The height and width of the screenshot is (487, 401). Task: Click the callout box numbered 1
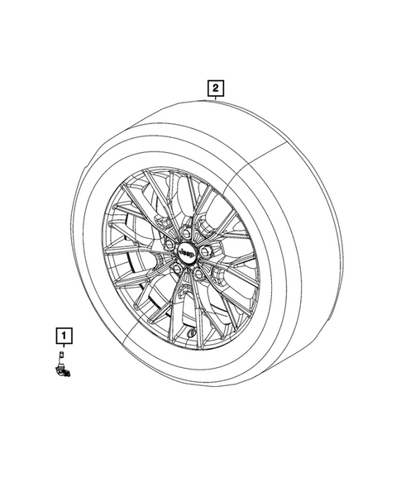pos(64,336)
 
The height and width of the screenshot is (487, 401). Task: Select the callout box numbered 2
pos(215,88)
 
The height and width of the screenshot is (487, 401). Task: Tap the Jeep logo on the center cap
pos(186,253)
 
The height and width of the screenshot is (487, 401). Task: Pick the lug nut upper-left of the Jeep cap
pos(169,242)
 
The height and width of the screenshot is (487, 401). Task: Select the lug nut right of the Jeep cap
pos(204,251)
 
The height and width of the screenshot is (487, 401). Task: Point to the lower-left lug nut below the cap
pos(177,267)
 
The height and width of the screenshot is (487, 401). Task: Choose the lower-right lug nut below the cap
pos(198,273)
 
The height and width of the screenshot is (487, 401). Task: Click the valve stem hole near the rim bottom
pos(191,334)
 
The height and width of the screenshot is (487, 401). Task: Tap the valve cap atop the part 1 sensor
pos(61,353)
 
